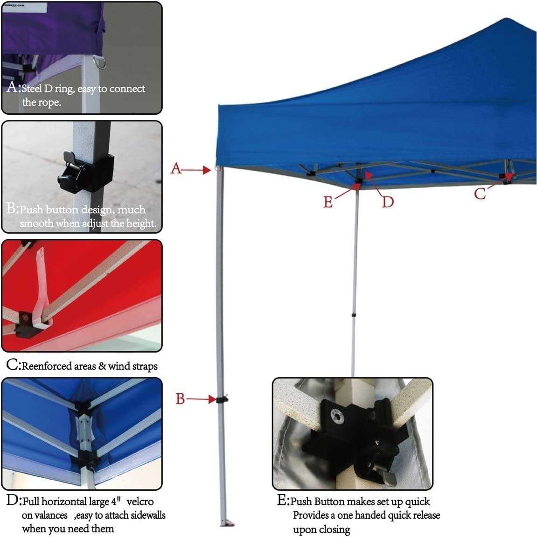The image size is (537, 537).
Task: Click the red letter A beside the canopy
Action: pos(176,168)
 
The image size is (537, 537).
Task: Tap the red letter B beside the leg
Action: pos(180,399)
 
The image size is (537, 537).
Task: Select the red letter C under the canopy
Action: pos(480,193)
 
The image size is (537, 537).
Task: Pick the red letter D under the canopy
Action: pos(388,202)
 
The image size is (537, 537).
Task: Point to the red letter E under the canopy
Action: pos(328,202)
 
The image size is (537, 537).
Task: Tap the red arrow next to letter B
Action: pos(198,399)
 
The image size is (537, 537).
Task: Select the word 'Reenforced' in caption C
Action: pos(46,366)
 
